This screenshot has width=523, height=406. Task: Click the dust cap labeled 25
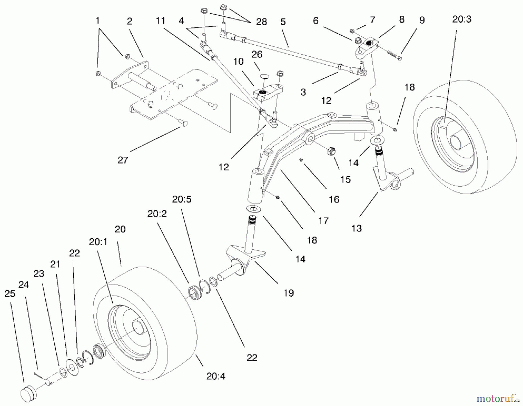(29, 394)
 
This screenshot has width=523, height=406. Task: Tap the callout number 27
(123, 160)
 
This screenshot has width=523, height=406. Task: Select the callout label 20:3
(462, 19)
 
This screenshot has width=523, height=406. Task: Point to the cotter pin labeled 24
(37, 375)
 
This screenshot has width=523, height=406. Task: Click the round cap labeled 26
(264, 76)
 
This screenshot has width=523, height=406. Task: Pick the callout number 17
(323, 221)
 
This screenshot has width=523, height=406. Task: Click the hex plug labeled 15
(332, 151)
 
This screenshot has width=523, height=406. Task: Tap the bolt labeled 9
(394, 55)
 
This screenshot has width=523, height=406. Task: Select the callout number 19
(289, 293)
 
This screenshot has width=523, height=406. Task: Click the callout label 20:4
(216, 376)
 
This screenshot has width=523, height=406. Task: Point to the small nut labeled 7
(352, 31)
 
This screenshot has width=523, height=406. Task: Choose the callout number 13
(357, 228)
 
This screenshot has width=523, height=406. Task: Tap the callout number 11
(160, 21)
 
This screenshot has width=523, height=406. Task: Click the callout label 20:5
(182, 199)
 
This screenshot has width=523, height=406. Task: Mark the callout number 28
(261, 22)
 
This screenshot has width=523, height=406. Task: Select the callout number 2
(130, 21)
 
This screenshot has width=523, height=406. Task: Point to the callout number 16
(334, 199)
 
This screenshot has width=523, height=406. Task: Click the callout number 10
(238, 62)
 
